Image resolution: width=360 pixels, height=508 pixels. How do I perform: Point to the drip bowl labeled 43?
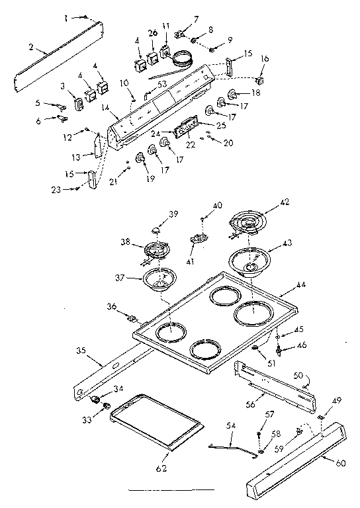point(250,261)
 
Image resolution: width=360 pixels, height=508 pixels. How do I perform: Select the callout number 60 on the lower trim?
point(341,464)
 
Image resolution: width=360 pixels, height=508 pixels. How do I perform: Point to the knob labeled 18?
point(233,96)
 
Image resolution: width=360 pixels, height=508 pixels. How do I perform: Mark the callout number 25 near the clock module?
point(220,125)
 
